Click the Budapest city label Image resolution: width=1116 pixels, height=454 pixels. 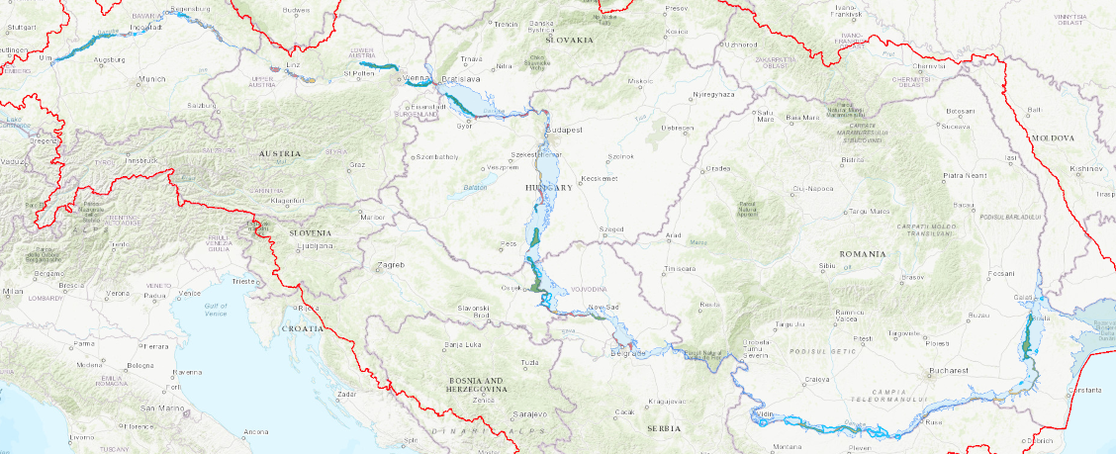567,130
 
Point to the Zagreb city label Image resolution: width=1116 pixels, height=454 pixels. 391,265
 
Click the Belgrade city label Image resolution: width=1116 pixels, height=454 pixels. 627,352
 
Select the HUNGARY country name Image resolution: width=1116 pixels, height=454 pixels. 549,187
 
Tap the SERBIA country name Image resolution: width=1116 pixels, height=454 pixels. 664,428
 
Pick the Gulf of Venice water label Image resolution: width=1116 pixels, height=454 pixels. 216,310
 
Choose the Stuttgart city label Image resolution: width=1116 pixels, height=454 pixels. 21,27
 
